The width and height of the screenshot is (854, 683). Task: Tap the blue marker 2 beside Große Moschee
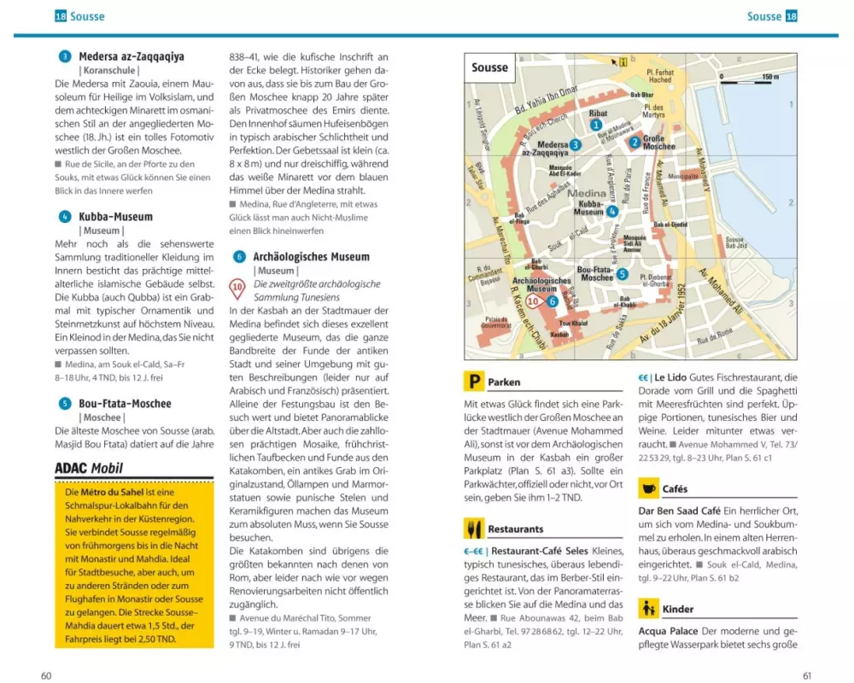[x=635, y=143]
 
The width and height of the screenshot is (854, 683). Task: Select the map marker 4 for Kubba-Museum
[x=612, y=212]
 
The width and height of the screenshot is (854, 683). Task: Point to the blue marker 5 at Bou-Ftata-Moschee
[x=622, y=274]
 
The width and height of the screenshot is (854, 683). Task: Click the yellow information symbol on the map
[x=623, y=61]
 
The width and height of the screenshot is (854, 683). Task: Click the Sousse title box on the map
[x=490, y=67]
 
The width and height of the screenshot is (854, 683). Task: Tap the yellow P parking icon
[x=473, y=382]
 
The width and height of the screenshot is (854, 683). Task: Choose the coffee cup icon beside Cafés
[x=649, y=489]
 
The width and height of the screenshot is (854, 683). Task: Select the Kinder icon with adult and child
[x=649, y=609]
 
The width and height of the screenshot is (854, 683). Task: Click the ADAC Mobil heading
[x=89, y=468]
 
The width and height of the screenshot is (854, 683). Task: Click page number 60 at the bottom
[x=47, y=675]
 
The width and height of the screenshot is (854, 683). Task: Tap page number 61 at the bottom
[x=807, y=675]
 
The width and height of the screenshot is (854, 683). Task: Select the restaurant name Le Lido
[x=671, y=377]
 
